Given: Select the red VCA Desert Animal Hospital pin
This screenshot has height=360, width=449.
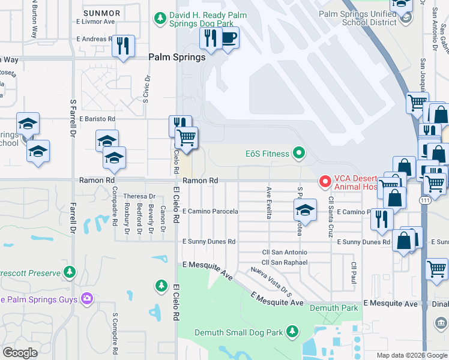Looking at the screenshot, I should click(x=325, y=181).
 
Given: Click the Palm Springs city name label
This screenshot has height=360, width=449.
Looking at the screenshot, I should click(x=177, y=58).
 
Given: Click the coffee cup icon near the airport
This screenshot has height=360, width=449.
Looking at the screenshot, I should click(x=228, y=38).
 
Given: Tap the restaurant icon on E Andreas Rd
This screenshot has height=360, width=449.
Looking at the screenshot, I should click(x=123, y=46).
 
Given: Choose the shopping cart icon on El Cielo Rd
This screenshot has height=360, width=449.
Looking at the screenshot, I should click(x=186, y=137).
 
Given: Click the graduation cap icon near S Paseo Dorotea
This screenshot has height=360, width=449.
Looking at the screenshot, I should click(x=305, y=211).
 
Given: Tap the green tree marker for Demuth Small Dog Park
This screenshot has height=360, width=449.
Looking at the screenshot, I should click(x=292, y=331).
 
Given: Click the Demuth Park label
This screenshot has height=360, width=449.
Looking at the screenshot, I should click(x=325, y=308).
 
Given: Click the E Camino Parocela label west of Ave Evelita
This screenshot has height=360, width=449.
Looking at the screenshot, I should click(x=210, y=211).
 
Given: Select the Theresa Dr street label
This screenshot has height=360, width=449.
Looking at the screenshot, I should click(x=139, y=196).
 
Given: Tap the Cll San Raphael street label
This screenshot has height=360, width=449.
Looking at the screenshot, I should click(x=285, y=263).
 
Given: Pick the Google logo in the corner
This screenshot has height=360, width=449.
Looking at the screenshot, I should click(x=20, y=353).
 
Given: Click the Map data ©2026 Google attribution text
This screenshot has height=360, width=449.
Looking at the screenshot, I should click(x=411, y=355).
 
